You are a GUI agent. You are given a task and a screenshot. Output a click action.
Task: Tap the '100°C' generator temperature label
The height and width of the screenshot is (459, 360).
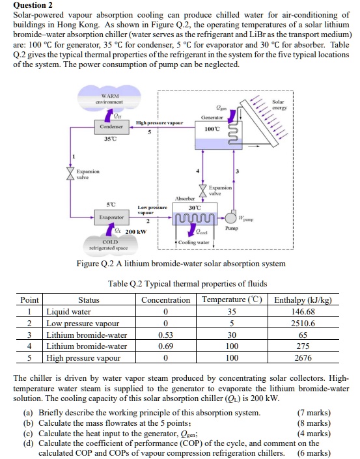point(213,129)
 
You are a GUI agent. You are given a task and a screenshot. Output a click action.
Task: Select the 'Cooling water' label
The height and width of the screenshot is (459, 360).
point(193,242)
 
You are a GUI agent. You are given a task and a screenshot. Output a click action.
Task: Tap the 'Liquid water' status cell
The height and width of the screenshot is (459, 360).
point(68,312)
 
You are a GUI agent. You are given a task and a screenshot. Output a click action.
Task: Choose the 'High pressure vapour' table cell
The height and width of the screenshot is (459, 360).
point(83,358)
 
